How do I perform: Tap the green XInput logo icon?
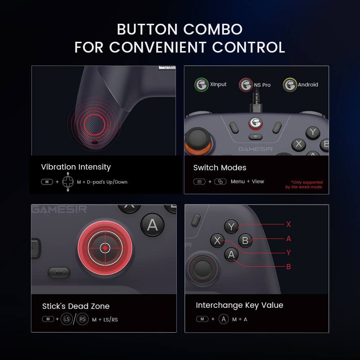pos(201,85)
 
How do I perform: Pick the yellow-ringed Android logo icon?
pos(290,85)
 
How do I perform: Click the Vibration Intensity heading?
pos(76,167)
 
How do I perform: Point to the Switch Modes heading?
pos(220,168)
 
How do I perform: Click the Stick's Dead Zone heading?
pos(76,306)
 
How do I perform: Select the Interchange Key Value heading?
pos(239,305)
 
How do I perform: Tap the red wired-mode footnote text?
pos(304,185)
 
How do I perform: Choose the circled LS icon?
pos(67,319)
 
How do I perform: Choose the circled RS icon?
pos(82,319)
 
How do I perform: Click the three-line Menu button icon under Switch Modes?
pos(199,181)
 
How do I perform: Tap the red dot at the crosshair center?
pos(105,248)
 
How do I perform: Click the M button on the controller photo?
pos(59,273)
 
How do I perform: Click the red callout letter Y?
pos(288,253)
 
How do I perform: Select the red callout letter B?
pos(288,267)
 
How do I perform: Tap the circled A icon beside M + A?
pos(224,319)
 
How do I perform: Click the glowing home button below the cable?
pos(255,123)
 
